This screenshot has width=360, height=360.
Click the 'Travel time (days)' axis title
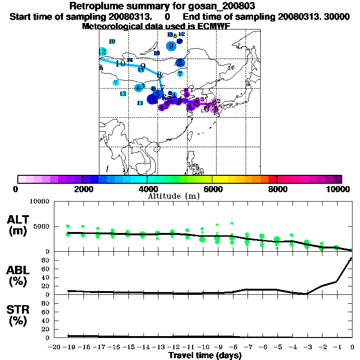tap(205, 356)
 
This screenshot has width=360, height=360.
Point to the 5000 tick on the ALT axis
tap(42, 227)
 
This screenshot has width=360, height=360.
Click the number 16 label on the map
tap(231, 68)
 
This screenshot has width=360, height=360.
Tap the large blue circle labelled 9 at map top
tap(172, 46)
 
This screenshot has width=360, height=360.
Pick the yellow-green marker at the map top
tap(175, 36)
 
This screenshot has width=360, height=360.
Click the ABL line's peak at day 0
tap(352, 258)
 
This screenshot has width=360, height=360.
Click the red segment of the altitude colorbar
tap(272, 179)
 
